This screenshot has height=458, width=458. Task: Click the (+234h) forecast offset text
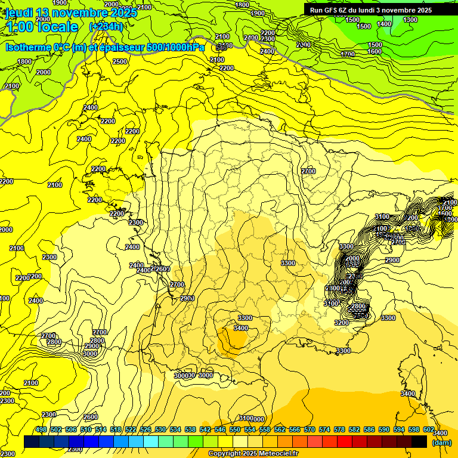pos(106,26)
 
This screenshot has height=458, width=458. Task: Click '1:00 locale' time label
pos(41,27)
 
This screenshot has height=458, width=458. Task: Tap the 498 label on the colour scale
pos(41,430)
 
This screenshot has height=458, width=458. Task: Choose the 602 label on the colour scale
pos(428,430)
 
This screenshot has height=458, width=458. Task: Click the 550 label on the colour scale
pos(234,430)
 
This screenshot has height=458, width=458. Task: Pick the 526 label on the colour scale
pos(146,430)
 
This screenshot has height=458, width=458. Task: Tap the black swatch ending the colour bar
pos(419,442)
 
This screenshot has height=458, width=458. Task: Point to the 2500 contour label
pos(120,61)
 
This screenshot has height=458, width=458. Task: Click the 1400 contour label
pos(385,24)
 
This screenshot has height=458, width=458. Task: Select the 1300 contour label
pos(410,20)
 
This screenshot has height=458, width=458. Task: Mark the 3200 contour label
pos(341,323)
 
